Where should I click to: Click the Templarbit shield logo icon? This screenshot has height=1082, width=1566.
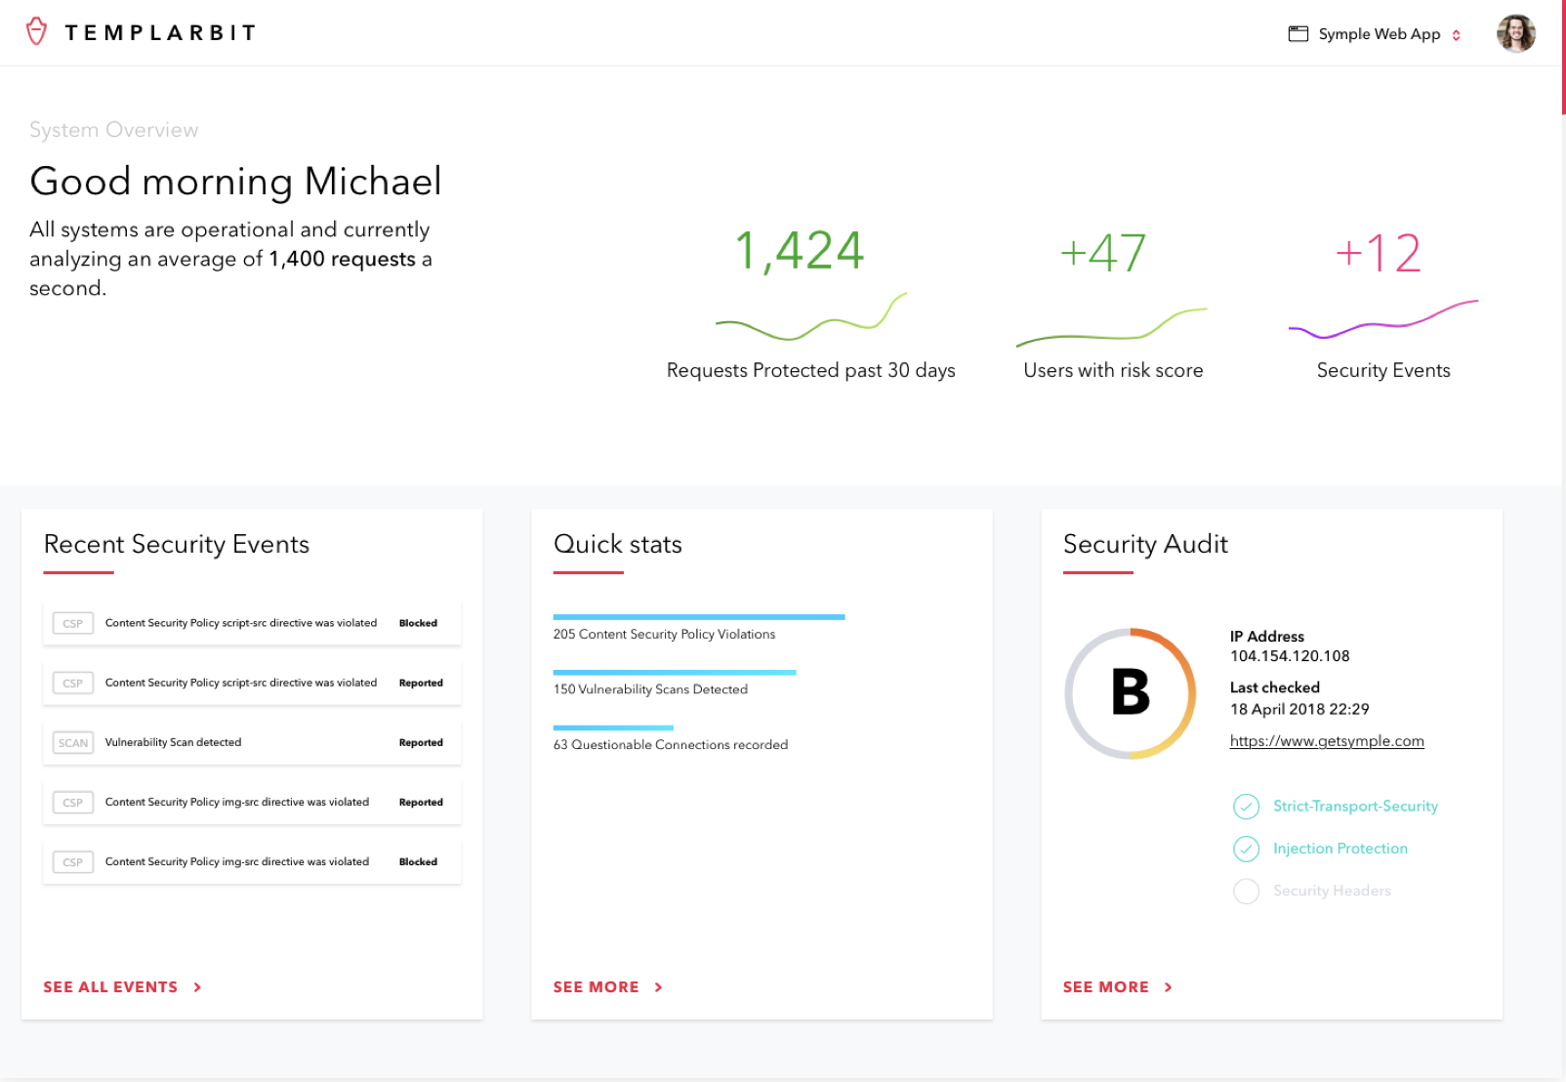[x=37, y=32]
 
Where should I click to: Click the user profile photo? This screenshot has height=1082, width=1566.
[x=1515, y=34]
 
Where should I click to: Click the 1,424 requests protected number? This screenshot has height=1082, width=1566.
[x=799, y=251]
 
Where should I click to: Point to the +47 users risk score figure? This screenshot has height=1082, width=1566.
[x=1103, y=253]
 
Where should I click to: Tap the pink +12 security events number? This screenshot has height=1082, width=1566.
[x=1379, y=253]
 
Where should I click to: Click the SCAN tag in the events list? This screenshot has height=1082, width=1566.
[x=73, y=743]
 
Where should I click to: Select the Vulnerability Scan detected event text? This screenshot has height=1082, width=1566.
[x=173, y=743]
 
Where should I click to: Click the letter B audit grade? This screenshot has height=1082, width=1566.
[x=1131, y=692]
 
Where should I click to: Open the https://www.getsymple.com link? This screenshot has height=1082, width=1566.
[x=1327, y=741]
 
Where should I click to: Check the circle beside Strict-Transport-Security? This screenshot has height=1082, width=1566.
[x=1246, y=807]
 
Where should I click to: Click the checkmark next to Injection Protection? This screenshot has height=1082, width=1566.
[x=1246, y=849]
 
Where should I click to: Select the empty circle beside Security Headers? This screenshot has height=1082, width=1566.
[x=1246, y=891]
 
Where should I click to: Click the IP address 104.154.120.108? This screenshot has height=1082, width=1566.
[x=1290, y=656]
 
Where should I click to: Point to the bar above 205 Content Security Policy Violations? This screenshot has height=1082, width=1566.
[x=698, y=617]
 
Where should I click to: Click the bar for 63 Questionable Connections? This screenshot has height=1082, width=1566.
[x=613, y=728]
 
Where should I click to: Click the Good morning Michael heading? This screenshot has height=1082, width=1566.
[x=235, y=182]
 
